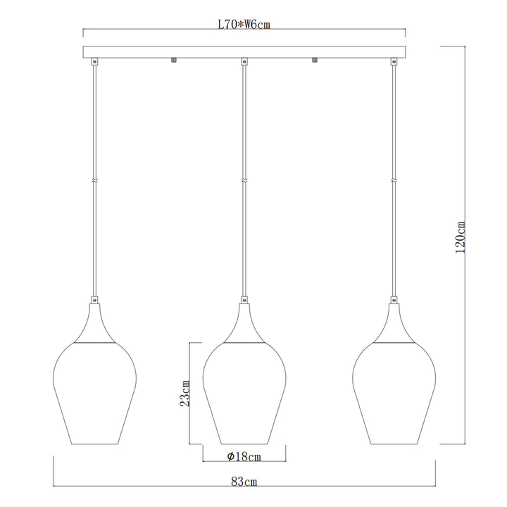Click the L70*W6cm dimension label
click(244, 25)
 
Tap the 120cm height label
click(460, 237)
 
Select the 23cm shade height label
click(184, 394)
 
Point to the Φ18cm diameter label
click(244, 456)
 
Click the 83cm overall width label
click(244, 482)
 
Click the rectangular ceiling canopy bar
click(244, 52)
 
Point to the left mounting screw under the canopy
click(174, 61)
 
